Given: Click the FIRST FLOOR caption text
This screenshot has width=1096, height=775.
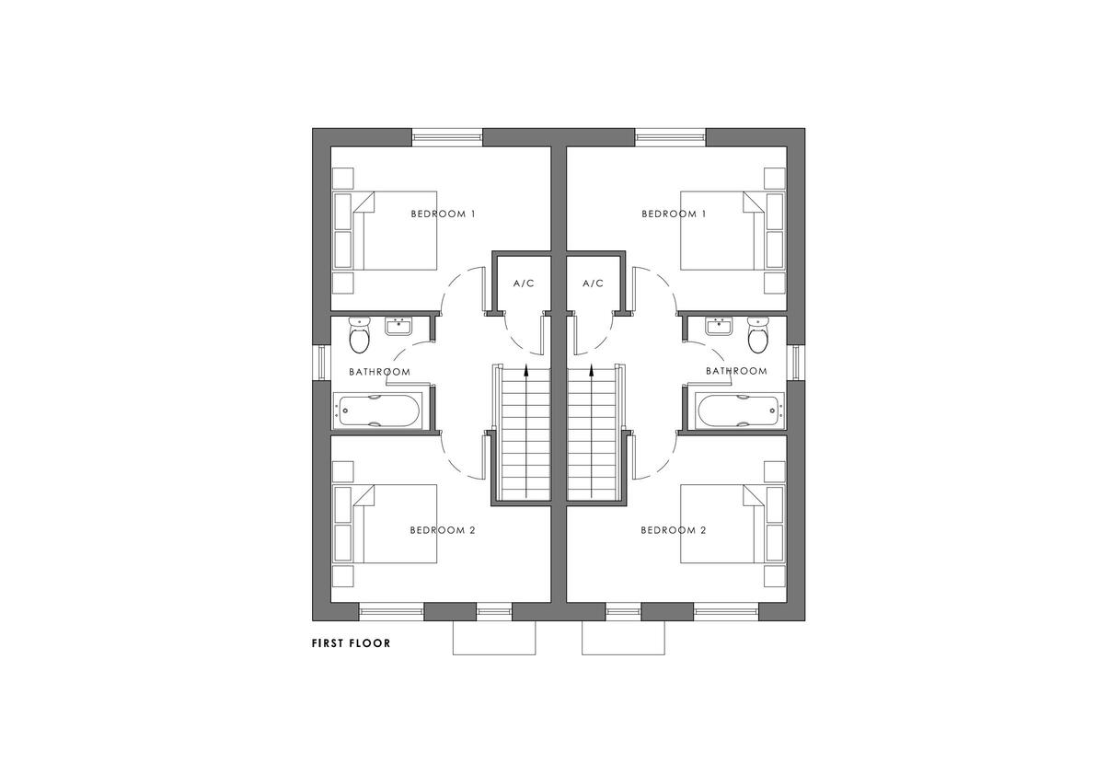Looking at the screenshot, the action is [x=351, y=643].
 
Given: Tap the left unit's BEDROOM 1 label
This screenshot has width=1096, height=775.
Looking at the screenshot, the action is [x=443, y=214].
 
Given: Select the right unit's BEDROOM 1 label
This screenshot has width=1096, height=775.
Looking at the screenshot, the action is [x=674, y=214].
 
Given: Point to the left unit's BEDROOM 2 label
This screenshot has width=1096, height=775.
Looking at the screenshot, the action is [x=443, y=530].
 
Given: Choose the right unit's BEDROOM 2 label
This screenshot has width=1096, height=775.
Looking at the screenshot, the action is [x=674, y=530].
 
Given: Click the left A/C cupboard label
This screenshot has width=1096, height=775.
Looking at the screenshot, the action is [x=524, y=283].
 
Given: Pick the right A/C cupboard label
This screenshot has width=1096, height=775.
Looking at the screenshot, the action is [x=593, y=283].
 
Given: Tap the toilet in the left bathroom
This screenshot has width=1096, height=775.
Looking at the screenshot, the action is [x=359, y=336].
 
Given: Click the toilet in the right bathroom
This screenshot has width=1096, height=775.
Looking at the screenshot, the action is [x=757, y=336].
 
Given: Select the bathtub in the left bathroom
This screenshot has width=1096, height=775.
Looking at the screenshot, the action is [x=378, y=411].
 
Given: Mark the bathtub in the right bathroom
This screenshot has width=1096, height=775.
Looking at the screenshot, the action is [x=739, y=411].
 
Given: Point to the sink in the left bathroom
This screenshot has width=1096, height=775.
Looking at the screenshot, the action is [x=400, y=327].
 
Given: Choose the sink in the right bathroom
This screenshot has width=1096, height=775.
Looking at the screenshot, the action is [x=719, y=327].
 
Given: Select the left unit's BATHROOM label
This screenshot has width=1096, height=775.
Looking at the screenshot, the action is [x=379, y=372].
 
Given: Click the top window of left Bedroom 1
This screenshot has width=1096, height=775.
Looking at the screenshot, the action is [x=447, y=137].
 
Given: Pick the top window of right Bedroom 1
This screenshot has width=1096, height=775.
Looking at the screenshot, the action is [x=670, y=137].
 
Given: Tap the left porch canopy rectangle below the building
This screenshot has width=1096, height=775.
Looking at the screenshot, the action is [x=494, y=638].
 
